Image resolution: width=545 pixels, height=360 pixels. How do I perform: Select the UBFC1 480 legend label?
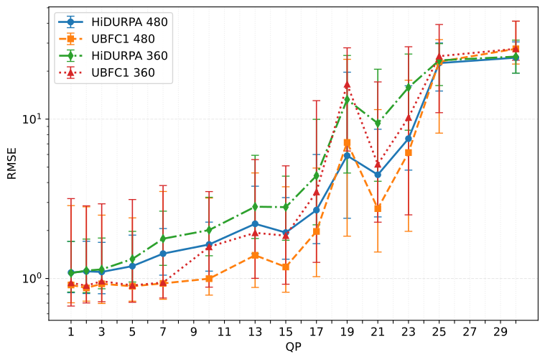[x=124, y=38]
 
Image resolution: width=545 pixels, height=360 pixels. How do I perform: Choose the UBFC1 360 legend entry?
[x=124, y=73]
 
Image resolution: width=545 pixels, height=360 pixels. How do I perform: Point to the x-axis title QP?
[x=293, y=348]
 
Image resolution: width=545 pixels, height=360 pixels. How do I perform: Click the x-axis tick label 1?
[x=71, y=332]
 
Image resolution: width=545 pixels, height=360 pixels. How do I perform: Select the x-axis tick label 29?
[x=500, y=332]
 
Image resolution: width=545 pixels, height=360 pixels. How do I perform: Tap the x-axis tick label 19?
[x=348, y=332]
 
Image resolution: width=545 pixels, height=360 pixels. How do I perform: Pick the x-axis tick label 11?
[x=224, y=332]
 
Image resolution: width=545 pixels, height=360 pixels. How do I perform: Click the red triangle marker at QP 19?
[x=348, y=85]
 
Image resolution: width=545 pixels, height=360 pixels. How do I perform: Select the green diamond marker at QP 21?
[x=378, y=124]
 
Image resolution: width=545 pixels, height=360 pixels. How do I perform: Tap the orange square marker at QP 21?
[x=378, y=208]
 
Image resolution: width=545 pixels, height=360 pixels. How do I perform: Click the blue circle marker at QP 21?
[x=378, y=175]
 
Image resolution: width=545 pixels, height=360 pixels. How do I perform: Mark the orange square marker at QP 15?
[x=286, y=267]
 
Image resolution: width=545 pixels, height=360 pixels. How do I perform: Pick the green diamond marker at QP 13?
[x=255, y=206]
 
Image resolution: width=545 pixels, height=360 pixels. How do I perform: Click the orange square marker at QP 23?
[x=409, y=152]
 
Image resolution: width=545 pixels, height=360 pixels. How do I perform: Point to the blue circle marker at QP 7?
[x=163, y=254]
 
